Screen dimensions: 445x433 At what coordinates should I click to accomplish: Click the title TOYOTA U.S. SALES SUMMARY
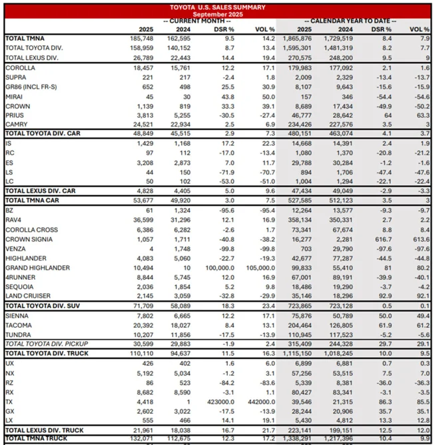217,7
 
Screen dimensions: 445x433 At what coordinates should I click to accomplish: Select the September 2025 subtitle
217,14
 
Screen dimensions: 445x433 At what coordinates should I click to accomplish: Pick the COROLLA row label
21,68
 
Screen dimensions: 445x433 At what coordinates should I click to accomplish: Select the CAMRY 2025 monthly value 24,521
143,124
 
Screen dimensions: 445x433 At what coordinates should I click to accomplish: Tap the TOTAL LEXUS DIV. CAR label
39,191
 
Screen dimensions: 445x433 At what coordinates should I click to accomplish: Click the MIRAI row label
15,96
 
